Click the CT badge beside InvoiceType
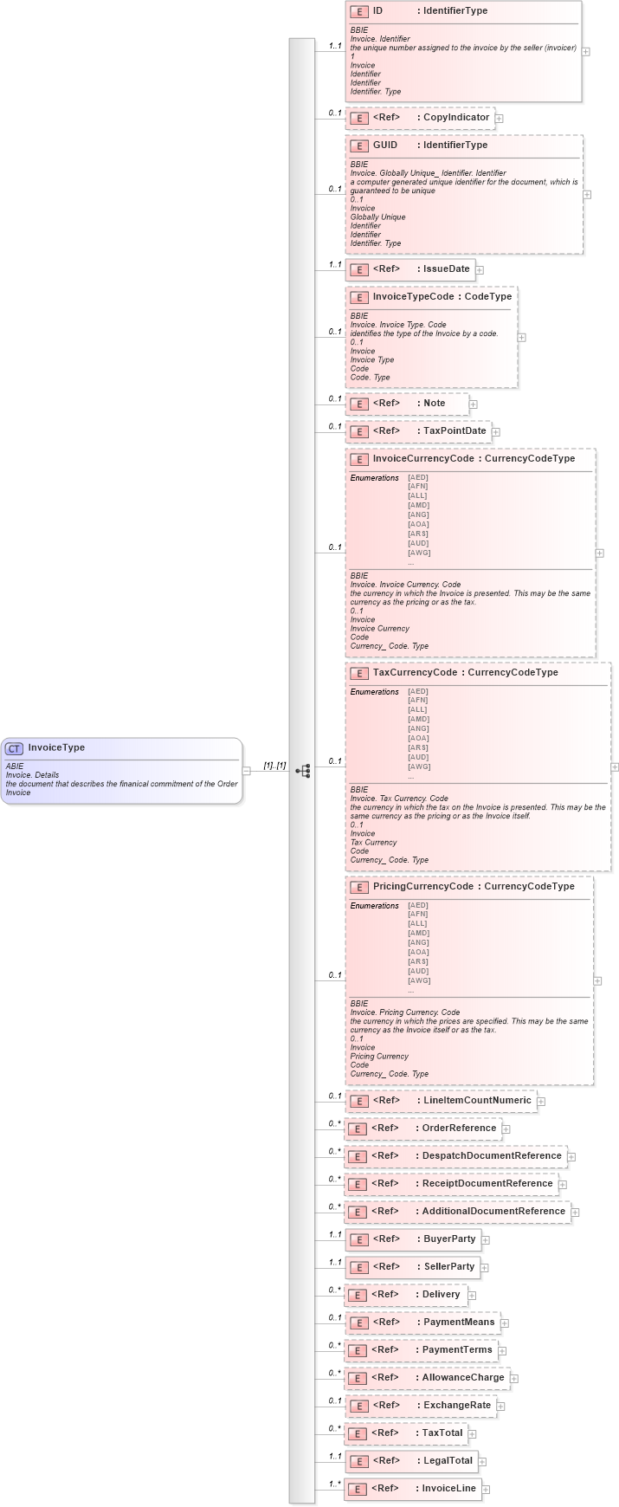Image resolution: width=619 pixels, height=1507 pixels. click(x=14, y=748)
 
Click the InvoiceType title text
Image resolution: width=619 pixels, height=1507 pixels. click(x=56, y=748)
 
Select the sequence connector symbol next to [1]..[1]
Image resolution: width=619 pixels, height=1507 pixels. click(x=302, y=771)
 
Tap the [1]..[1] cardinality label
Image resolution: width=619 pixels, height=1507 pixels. click(x=274, y=766)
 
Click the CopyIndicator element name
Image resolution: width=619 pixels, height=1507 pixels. click(x=456, y=118)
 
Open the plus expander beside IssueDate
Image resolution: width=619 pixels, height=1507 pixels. click(x=479, y=270)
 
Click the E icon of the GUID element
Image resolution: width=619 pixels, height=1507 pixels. click(x=359, y=146)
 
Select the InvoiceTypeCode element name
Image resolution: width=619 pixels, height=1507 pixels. click(x=413, y=297)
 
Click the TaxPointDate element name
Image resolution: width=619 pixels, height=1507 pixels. click(x=455, y=431)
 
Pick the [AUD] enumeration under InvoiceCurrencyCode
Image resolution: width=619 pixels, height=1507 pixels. click(x=418, y=543)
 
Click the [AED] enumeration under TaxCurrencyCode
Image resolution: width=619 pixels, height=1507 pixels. click(x=418, y=691)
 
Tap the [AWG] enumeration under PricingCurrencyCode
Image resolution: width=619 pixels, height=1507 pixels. click(x=419, y=980)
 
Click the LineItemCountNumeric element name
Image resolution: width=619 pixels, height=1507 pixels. click(x=477, y=1101)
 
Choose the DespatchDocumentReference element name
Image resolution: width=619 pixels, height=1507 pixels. click(x=492, y=1156)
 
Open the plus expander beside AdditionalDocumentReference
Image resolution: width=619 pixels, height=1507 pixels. click(x=575, y=1213)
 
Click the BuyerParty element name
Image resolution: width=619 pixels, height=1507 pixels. click(x=449, y=1239)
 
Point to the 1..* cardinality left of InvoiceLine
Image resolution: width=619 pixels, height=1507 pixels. click(x=334, y=1484)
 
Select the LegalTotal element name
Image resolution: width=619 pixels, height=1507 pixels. click(x=448, y=1461)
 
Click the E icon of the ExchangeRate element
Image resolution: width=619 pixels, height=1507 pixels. click(x=359, y=1406)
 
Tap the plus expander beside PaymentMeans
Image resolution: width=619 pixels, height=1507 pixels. click(x=504, y=1323)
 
